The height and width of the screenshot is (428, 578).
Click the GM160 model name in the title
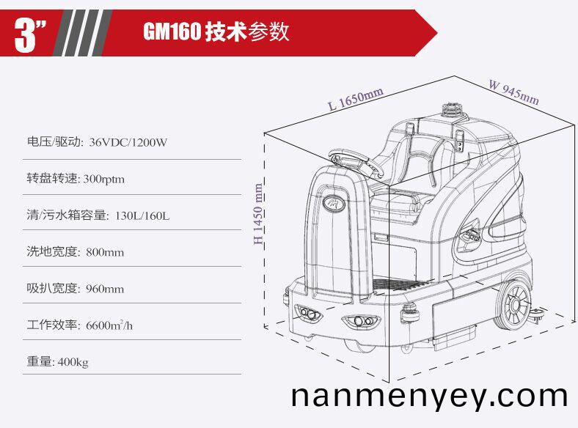[x=172, y=32]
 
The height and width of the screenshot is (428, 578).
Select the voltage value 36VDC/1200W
[x=128, y=142]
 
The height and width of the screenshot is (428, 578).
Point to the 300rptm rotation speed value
[x=104, y=180]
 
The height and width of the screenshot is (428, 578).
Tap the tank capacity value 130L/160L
[x=142, y=215]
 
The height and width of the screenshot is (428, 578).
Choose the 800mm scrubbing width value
[x=105, y=252]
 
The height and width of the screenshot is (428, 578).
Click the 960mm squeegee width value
[x=105, y=289]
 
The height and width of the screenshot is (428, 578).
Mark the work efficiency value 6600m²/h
[x=109, y=325]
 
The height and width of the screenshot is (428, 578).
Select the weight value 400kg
[x=73, y=362]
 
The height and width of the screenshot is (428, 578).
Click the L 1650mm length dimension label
[x=356, y=99]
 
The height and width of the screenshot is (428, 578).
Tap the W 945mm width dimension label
[x=514, y=92]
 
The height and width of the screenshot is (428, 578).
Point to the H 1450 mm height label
[x=258, y=213]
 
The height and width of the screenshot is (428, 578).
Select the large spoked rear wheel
[x=514, y=305]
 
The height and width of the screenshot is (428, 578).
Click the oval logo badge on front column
[x=334, y=202]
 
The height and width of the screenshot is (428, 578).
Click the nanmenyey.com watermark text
[x=429, y=397]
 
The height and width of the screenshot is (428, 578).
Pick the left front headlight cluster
[x=308, y=314]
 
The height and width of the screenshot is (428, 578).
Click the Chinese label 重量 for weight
[x=39, y=361]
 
